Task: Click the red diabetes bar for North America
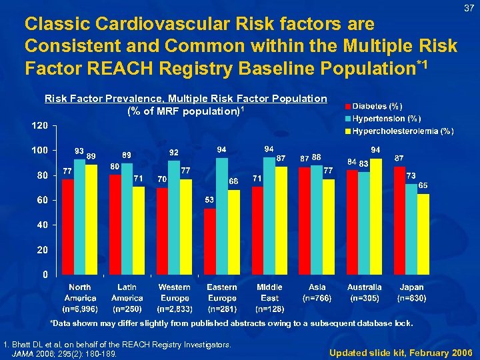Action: pyautogui.click(x=67, y=227)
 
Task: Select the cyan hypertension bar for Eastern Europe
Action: pyautogui.click(x=222, y=217)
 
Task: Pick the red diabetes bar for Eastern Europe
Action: pyautogui.click(x=210, y=241)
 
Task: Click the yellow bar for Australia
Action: pyautogui.click(x=375, y=217)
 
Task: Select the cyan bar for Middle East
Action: pyautogui.click(x=269, y=217)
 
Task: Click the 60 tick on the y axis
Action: pyautogui.click(x=41, y=200)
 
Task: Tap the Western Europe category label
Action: pyautogui.click(x=175, y=293)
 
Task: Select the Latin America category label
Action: pyautogui.click(x=127, y=293)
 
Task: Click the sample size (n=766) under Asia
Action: pyautogui.click(x=317, y=298)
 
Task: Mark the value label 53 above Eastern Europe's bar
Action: pyautogui.click(x=209, y=200)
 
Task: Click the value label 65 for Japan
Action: pyautogui.click(x=423, y=185)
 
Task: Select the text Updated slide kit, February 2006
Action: pyautogui.click(x=400, y=351)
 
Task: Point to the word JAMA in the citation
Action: pyautogui.click(x=25, y=353)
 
